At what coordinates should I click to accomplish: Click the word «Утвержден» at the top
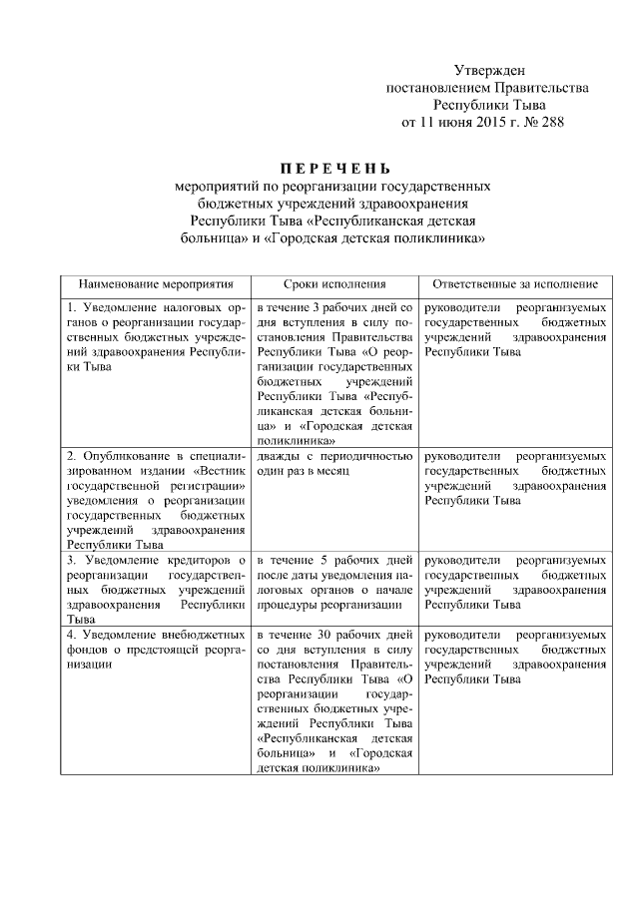[486, 70]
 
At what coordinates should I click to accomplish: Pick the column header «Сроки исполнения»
[333, 284]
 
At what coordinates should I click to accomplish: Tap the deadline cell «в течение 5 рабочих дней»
[333, 583]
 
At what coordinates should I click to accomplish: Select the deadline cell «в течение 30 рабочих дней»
[333, 701]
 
